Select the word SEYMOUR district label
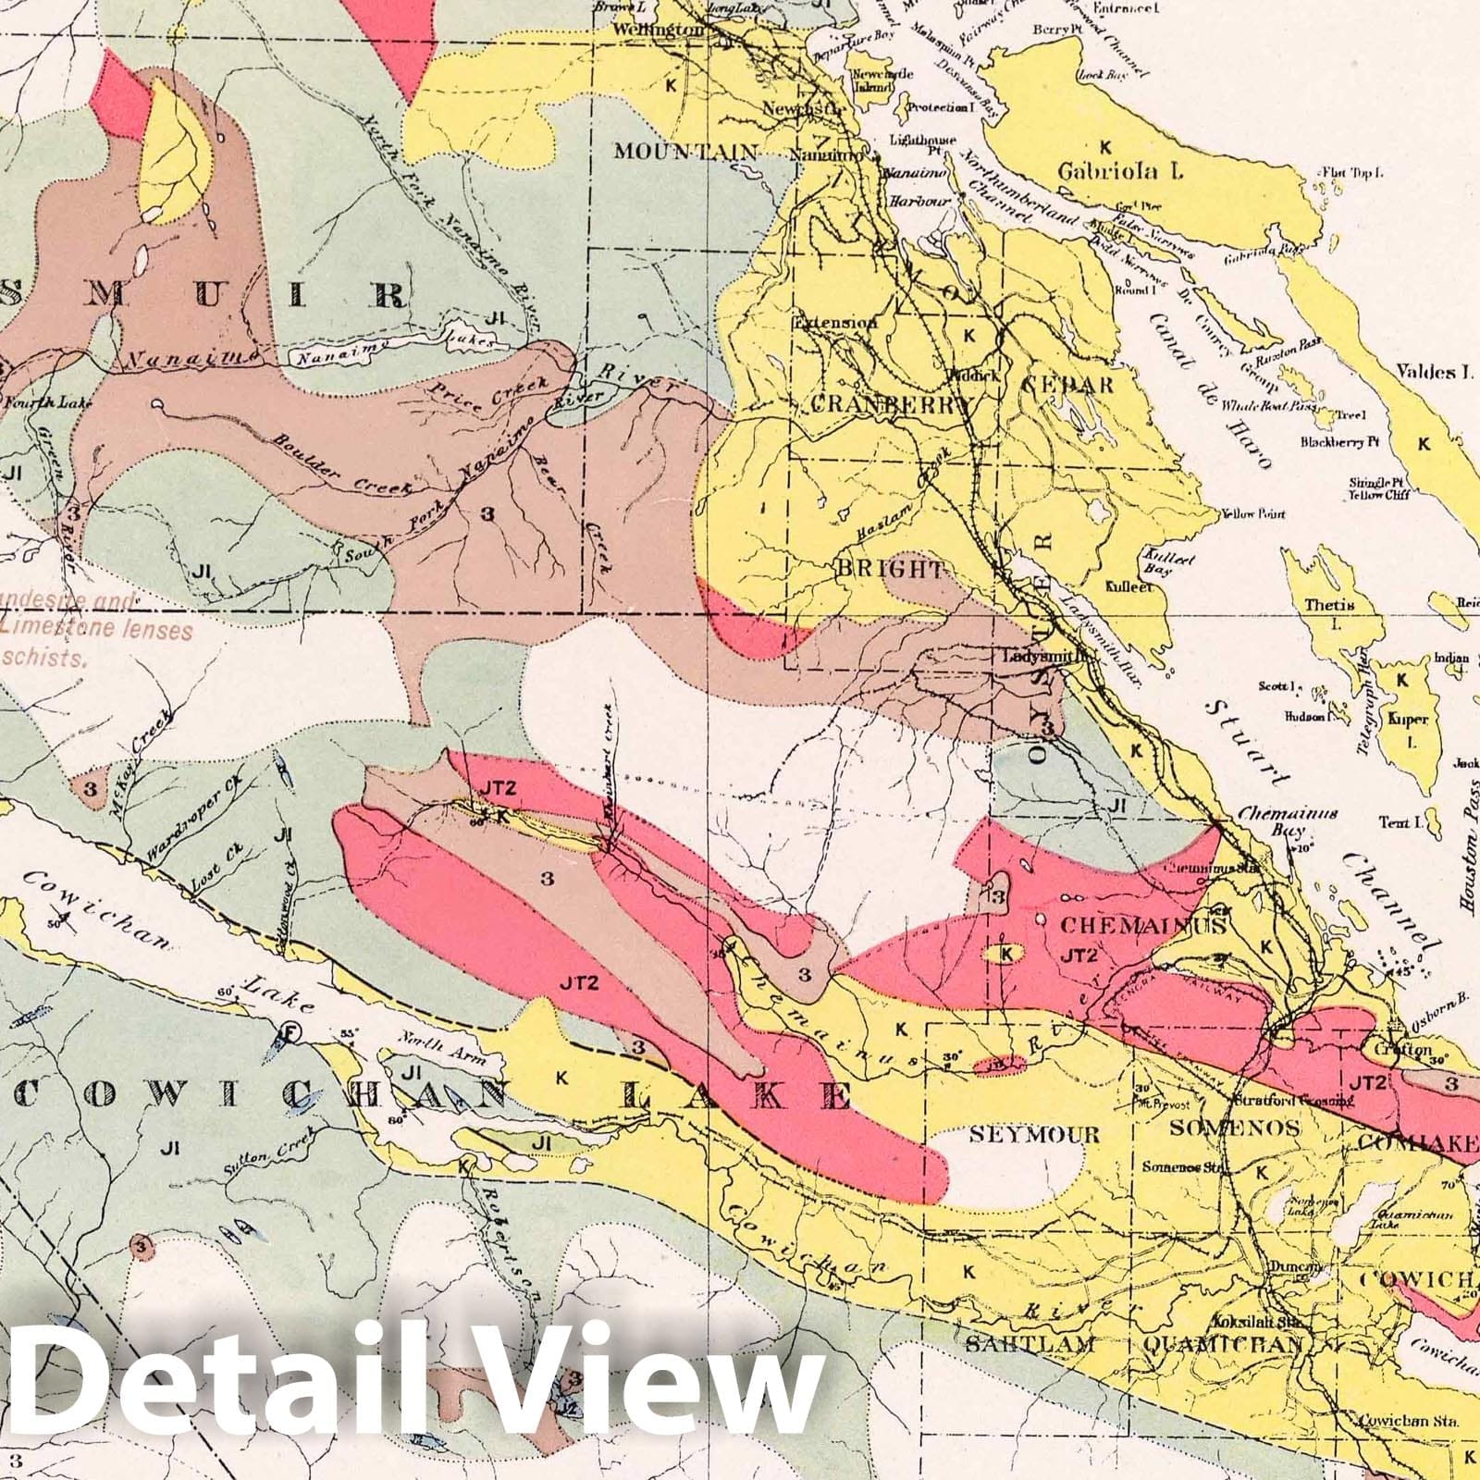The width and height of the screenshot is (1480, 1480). click(1034, 1134)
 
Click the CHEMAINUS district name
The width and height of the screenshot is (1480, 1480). click(1142, 925)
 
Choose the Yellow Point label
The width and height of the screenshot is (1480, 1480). click(1256, 513)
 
